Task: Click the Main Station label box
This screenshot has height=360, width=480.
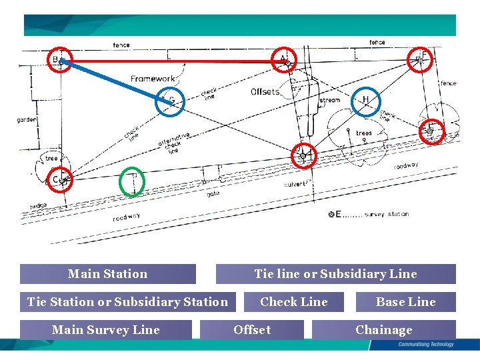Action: click(x=107, y=274)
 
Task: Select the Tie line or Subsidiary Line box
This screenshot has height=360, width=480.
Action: click(x=335, y=274)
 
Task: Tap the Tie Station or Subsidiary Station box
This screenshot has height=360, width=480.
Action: click(x=127, y=302)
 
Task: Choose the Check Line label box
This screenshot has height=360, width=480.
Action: click(x=294, y=302)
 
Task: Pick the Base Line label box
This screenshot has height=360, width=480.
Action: click(x=405, y=302)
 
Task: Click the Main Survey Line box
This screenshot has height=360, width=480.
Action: click(x=106, y=330)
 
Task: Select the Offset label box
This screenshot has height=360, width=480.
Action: click(x=252, y=330)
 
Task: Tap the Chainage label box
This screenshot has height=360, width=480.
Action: click(x=383, y=330)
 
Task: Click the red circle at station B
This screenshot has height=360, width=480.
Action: click(x=61, y=61)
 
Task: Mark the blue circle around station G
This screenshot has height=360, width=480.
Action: click(x=168, y=101)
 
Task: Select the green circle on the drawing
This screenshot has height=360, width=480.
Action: click(x=133, y=180)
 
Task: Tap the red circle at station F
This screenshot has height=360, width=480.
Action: click(x=421, y=59)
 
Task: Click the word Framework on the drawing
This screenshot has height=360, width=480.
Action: click(x=152, y=79)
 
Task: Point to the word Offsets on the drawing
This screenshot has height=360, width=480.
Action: click(x=265, y=91)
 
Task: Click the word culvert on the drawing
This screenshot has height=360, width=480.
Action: click(x=295, y=183)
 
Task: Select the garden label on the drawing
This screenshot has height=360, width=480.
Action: click(x=27, y=120)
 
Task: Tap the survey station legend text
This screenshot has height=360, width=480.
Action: click(x=387, y=215)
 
